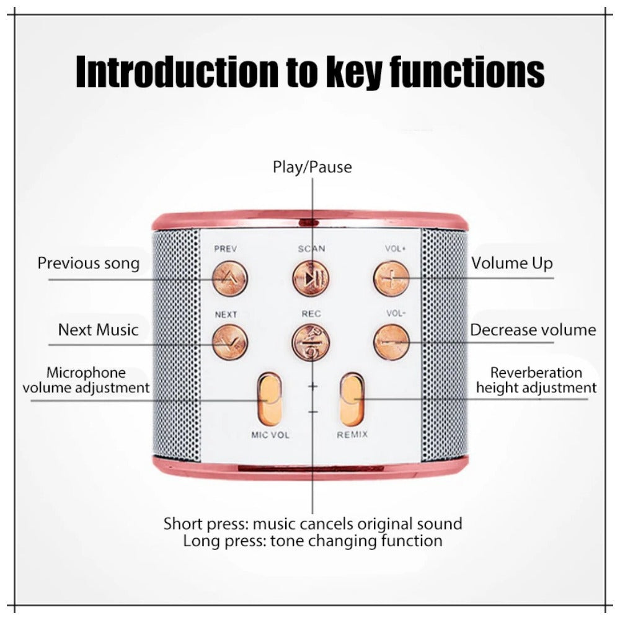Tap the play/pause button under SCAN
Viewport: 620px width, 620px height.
pyautogui.click(x=311, y=278)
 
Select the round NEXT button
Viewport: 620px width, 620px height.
pyautogui.click(x=229, y=342)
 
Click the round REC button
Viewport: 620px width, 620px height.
pyautogui.click(x=311, y=342)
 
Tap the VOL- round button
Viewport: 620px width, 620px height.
pyautogui.click(x=391, y=342)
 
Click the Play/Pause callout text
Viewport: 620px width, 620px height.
pyautogui.click(x=312, y=167)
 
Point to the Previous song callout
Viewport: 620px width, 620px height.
pyautogui.click(x=89, y=263)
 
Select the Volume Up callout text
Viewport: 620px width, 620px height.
pyautogui.click(x=511, y=263)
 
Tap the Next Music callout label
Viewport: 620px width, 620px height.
pyautogui.click(x=98, y=329)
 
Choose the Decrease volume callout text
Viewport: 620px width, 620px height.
pyautogui.click(x=533, y=330)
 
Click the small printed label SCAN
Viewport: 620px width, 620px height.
pyautogui.click(x=311, y=249)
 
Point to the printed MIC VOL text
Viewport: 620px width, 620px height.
pyautogui.click(x=270, y=435)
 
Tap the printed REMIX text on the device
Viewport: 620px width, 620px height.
pyautogui.click(x=352, y=435)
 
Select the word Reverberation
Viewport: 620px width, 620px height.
pyautogui.click(x=536, y=373)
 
